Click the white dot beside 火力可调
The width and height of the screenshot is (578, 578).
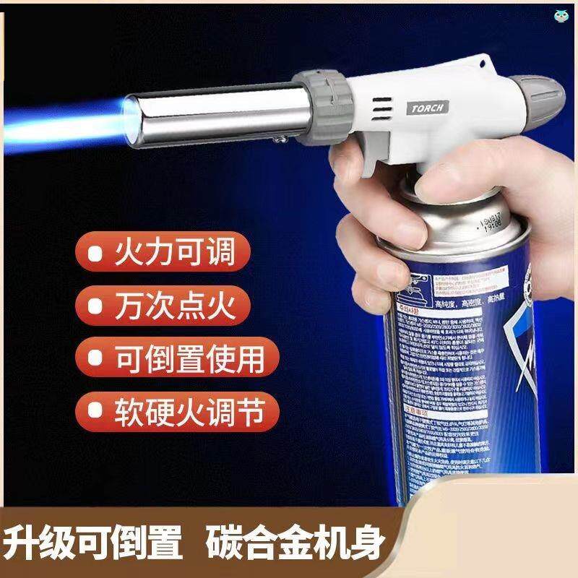pos(93,255)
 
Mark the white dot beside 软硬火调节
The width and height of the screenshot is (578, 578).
pos(93,411)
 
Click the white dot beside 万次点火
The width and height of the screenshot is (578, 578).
pos(93,307)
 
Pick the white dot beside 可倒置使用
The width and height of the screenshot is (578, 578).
pos(93,359)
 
